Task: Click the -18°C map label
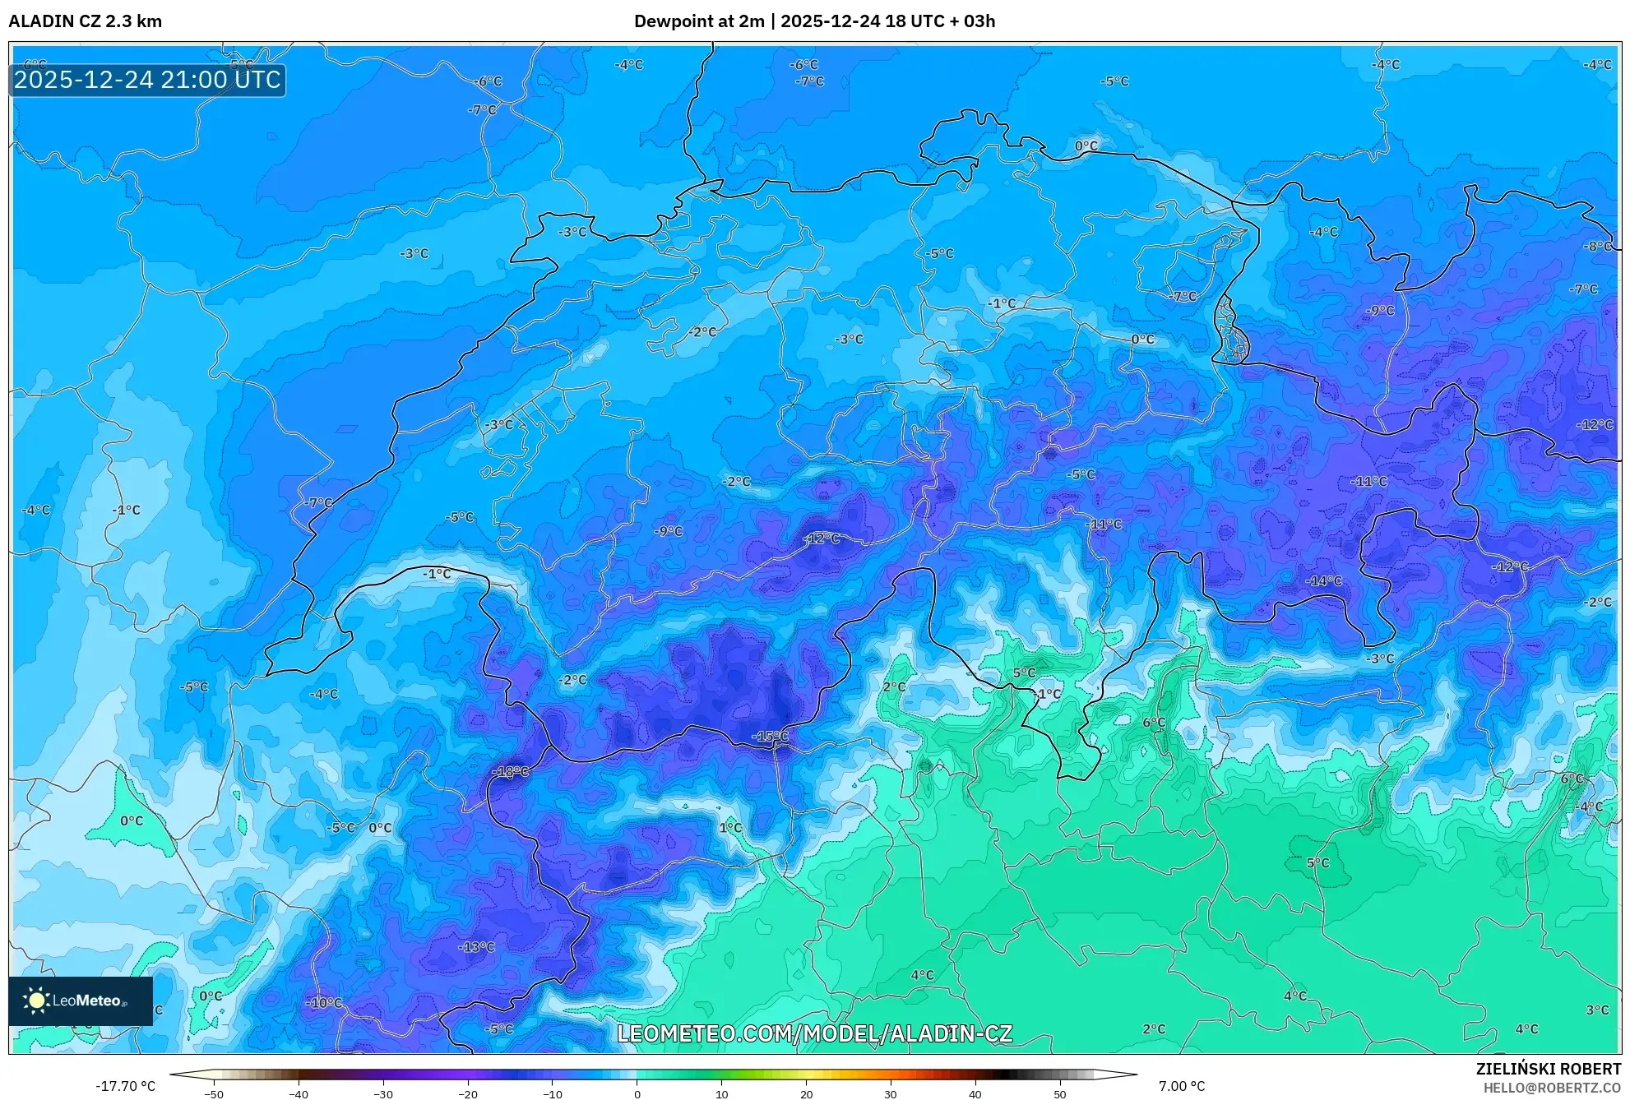point(510,772)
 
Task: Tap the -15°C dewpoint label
point(770,737)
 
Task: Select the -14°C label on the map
point(1323,580)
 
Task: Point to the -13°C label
point(476,947)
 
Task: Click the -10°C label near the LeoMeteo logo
point(324,1003)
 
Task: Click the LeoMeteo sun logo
point(36,1001)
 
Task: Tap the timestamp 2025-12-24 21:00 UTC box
point(147,80)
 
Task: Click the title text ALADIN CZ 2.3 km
point(85,21)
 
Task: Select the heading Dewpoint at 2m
point(698,21)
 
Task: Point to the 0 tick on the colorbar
point(637,1093)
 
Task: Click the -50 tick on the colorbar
point(213,1093)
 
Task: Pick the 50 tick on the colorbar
point(1059,1093)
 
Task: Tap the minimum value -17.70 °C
point(125,1086)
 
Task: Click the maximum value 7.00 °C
point(1182,1086)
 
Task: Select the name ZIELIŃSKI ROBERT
point(1548,1069)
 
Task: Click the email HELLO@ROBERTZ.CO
point(1551,1088)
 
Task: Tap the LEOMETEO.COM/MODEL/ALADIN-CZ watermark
point(814,1033)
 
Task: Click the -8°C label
point(1599,246)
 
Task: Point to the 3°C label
point(1597,1010)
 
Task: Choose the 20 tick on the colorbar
point(806,1093)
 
